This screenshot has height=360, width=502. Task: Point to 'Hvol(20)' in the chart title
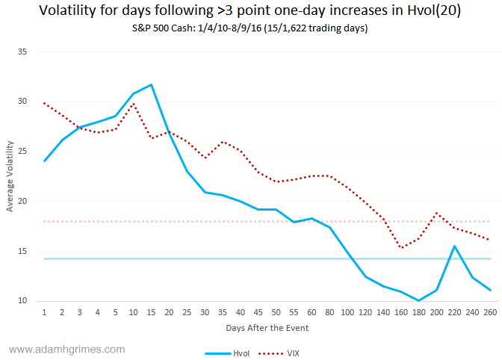[x=433, y=11]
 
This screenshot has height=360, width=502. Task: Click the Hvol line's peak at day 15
[x=152, y=84]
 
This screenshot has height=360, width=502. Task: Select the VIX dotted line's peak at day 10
[x=133, y=104]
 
